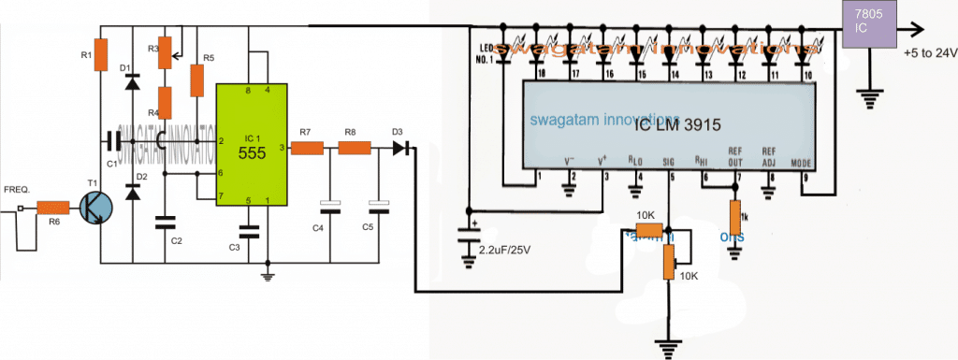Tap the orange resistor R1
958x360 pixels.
(x=104, y=55)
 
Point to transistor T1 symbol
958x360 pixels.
(x=94, y=208)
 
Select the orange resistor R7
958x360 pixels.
(x=307, y=147)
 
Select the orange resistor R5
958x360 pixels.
(x=196, y=81)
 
